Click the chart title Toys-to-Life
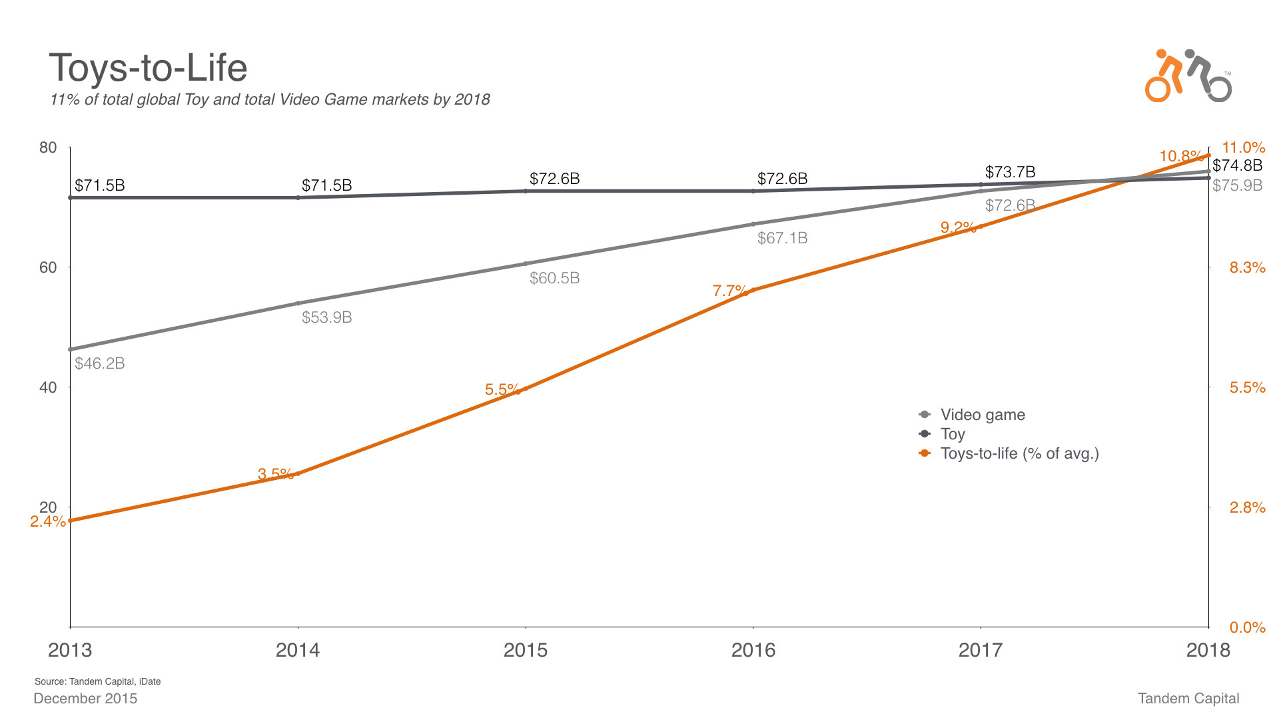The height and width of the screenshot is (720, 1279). tap(148, 68)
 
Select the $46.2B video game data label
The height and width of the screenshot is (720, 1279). tap(100, 363)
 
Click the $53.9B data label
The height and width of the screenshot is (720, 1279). tap(326, 317)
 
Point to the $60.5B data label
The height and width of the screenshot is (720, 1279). tap(554, 278)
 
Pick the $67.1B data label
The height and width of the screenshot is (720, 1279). tap(782, 238)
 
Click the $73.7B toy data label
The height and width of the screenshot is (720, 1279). tap(1010, 172)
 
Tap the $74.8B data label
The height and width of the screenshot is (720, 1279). tap(1237, 165)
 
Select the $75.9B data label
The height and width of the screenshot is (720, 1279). tap(1237, 185)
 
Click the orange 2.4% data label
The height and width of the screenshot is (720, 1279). tap(47, 521)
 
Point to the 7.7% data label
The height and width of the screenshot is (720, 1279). tap(729, 291)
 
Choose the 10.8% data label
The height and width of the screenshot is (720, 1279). tap(1180, 157)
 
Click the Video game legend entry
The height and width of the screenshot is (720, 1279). tap(982, 415)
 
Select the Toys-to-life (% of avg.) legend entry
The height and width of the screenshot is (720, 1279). tap(1019, 453)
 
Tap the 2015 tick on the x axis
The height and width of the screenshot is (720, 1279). tap(526, 650)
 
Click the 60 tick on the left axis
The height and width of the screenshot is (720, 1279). tap(48, 267)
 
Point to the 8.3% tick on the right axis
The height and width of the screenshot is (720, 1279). tap(1247, 268)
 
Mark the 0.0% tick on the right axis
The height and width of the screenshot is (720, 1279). tap(1247, 627)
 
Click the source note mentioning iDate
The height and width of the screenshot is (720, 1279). tap(98, 681)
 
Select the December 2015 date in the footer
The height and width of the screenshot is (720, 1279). tap(85, 699)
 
